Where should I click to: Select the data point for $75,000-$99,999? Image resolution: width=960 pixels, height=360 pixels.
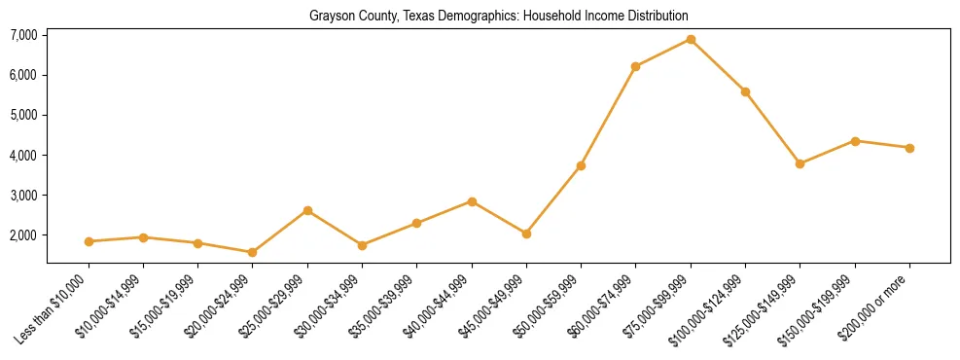[691, 40]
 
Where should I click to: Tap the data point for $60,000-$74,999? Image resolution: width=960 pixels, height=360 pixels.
[635, 66]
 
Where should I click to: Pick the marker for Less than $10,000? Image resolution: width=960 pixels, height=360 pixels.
[89, 241]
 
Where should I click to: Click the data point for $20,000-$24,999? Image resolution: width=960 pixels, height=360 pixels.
[253, 252]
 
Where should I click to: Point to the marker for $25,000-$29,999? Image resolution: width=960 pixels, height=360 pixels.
[307, 210]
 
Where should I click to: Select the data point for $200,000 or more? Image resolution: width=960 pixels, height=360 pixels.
[909, 148]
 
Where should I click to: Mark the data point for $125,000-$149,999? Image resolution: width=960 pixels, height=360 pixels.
[800, 163]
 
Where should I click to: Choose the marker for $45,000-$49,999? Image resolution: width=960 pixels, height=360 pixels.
[526, 234]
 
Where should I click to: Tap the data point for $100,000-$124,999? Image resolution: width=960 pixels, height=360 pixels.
[745, 91]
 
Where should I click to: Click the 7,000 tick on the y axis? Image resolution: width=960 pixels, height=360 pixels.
[23, 35]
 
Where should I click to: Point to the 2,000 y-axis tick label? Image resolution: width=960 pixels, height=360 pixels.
[23, 235]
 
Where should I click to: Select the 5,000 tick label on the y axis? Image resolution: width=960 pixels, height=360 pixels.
[23, 115]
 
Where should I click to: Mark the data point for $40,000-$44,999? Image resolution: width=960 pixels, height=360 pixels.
[472, 201]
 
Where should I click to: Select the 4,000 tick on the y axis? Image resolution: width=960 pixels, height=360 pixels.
[23, 156]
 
